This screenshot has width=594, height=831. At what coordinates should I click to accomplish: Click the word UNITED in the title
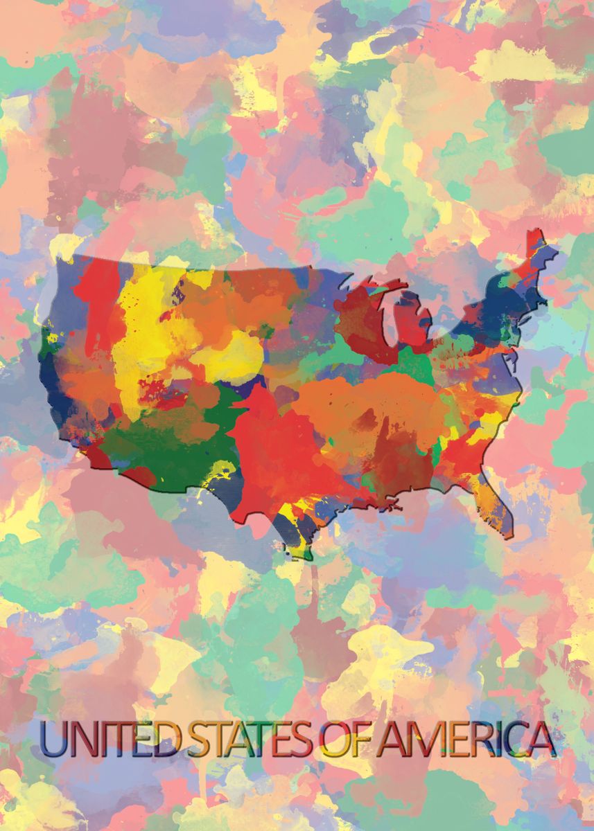(110, 740)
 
